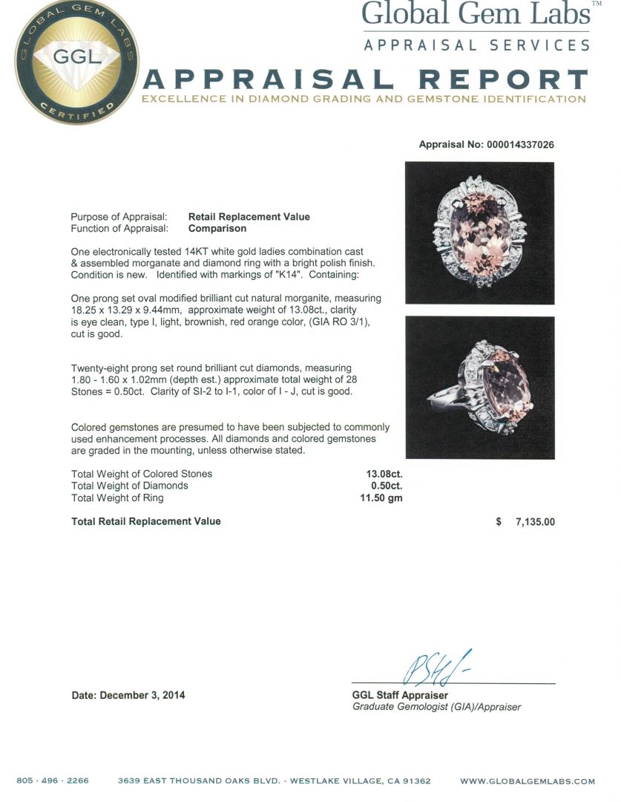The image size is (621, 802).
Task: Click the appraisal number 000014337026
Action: pyautogui.click(x=520, y=145)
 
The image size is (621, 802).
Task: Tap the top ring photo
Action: pyautogui.click(x=480, y=233)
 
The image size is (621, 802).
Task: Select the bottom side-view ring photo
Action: pyautogui.click(x=480, y=388)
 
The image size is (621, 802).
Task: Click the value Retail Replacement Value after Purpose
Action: pyautogui.click(x=249, y=217)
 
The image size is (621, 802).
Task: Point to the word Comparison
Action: pyautogui.click(x=217, y=229)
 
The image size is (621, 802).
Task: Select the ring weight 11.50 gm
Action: pyautogui.click(x=381, y=498)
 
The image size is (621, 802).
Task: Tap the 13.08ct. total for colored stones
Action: pyautogui.click(x=384, y=474)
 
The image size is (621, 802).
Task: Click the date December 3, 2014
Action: pyautogui.click(x=128, y=696)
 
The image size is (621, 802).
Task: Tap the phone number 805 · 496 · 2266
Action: pyautogui.click(x=53, y=781)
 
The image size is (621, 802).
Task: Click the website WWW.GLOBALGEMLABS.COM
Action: pyautogui.click(x=528, y=781)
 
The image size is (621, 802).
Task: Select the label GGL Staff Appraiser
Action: pyautogui.click(x=400, y=696)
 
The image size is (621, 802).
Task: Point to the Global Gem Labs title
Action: pyautogui.click(x=475, y=14)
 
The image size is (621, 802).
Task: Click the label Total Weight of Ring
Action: pyautogui.click(x=117, y=498)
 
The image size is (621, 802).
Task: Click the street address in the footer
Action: pyautogui.click(x=275, y=781)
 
